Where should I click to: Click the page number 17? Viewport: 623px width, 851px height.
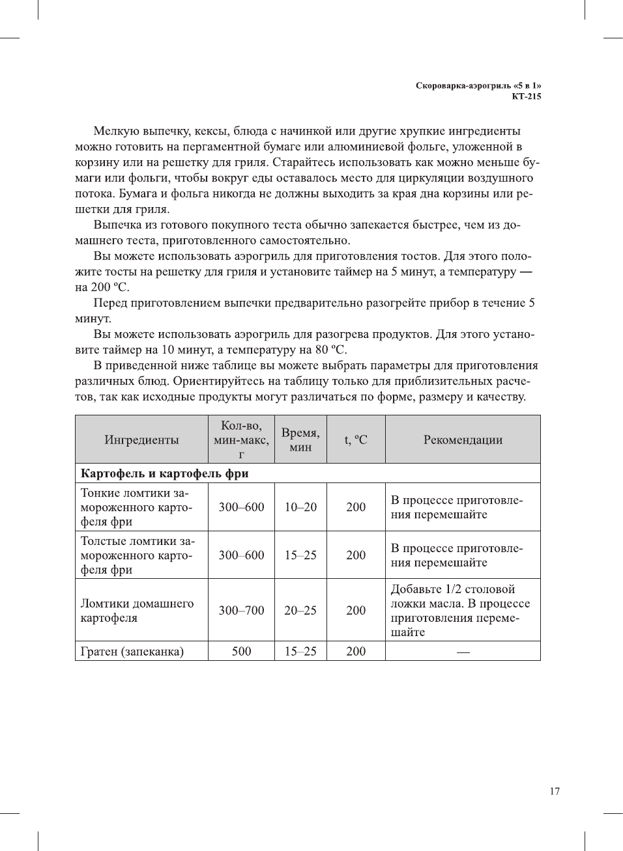(x=554, y=791)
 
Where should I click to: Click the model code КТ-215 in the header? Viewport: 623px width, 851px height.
(x=526, y=96)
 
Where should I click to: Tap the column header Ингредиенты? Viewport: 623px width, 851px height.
(x=141, y=439)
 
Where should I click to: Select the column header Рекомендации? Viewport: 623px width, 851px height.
(x=463, y=439)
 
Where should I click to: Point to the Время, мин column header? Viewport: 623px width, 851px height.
(x=300, y=439)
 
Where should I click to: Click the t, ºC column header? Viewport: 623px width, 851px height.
(x=356, y=439)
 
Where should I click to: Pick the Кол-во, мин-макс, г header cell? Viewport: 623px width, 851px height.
(x=241, y=439)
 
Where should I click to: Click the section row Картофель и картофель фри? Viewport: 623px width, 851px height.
(x=164, y=473)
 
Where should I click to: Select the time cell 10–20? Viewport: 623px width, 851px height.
(x=300, y=507)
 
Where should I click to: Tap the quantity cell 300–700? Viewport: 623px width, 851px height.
(x=241, y=610)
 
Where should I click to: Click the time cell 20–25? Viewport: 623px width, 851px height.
(x=300, y=610)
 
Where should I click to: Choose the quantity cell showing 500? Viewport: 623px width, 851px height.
(x=241, y=651)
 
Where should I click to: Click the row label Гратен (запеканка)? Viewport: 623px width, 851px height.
(x=132, y=651)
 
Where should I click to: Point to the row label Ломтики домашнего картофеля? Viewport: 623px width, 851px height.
(x=137, y=610)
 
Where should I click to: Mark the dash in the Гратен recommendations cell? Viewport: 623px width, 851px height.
(x=463, y=652)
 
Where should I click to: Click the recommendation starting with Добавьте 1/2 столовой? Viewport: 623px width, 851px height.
(x=460, y=610)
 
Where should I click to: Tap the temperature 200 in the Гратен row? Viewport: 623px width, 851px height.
(x=356, y=651)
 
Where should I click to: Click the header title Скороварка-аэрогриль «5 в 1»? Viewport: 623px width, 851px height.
(x=478, y=85)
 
